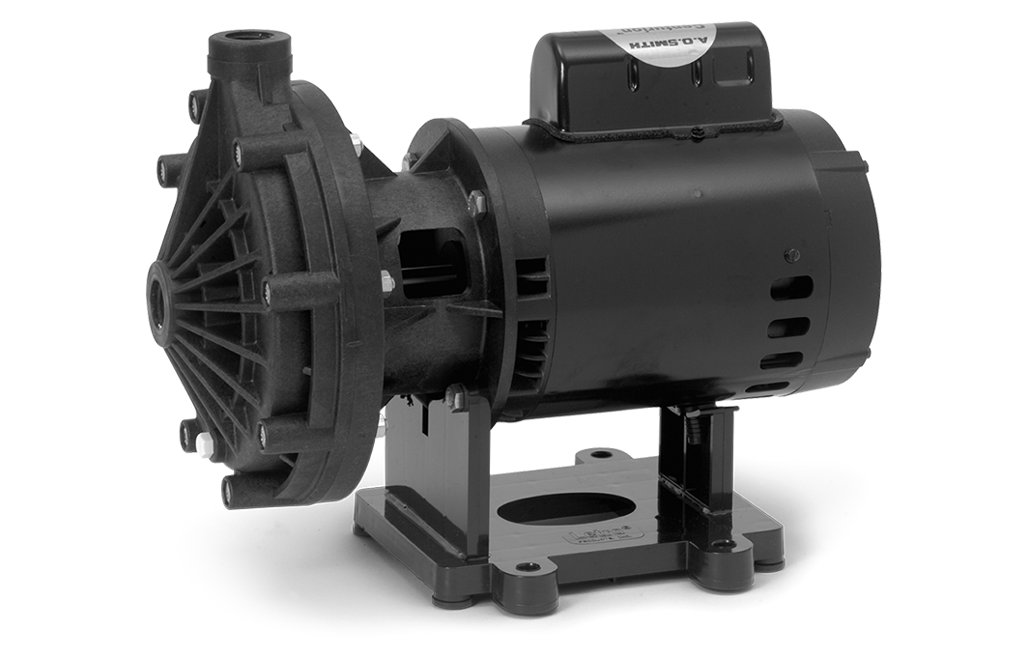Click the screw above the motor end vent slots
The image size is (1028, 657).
coord(792,255)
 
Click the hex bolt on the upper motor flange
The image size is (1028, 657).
coord(475,202)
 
